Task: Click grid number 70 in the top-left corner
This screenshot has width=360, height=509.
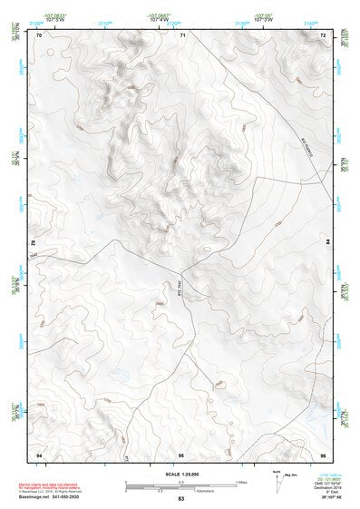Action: click(40, 34)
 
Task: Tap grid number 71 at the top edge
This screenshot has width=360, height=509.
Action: click(182, 34)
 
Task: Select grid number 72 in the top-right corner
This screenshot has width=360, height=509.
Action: click(323, 34)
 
